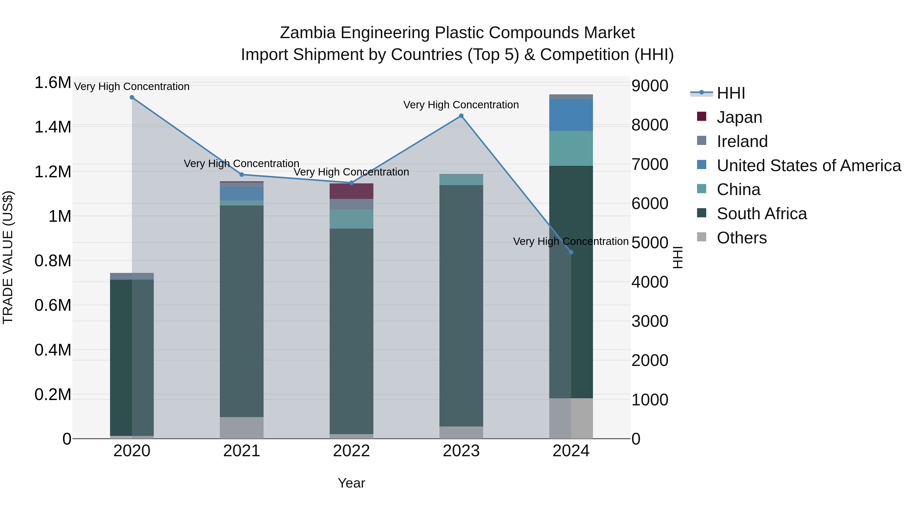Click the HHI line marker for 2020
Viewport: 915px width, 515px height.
click(x=132, y=97)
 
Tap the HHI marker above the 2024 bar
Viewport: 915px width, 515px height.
click(x=571, y=252)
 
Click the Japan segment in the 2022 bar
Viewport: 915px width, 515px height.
click(x=351, y=191)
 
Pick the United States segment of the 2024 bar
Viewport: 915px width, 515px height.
click(x=571, y=115)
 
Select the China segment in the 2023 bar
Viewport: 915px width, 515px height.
click(x=461, y=180)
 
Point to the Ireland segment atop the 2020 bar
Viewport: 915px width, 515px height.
click(x=132, y=276)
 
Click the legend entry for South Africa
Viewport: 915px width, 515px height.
click(x=761, y=214)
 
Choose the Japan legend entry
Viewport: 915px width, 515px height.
click(x=739, y=117)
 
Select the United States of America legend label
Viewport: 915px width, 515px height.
click(x=809, y=166)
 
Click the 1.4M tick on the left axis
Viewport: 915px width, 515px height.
click(x=53, y=127)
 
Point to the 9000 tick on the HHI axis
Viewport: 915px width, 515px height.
click(x=650, y=86)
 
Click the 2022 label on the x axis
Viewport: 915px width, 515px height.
click(x=351, y=451)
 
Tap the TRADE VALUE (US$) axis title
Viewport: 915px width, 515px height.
click(x=8, y=257)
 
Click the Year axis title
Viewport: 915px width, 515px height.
click(x=351, y=483)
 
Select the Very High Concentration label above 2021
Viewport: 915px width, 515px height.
click(x=241, y=164)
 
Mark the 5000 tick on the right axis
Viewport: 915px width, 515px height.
click(x=650, y=243)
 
